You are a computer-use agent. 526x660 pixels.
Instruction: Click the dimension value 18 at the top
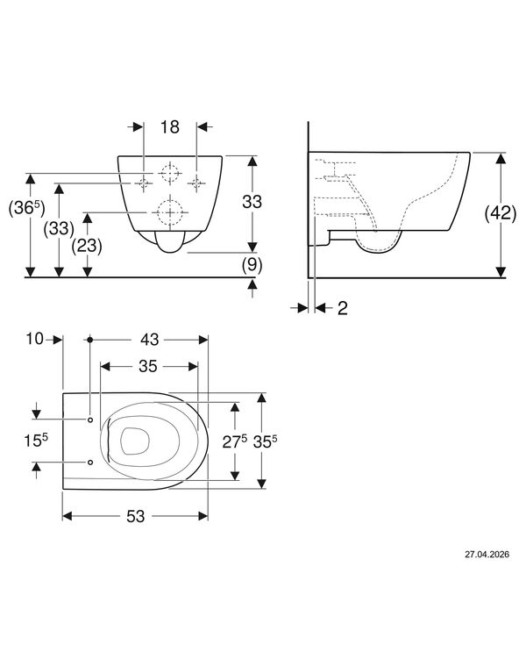coord(170,126)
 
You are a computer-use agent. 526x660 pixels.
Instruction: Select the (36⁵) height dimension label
coord(26,208)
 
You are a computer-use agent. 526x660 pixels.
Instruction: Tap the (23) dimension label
coord(87,246)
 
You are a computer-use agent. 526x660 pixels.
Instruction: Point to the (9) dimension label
coord(252,265)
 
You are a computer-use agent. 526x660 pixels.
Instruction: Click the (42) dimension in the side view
coord(501,213)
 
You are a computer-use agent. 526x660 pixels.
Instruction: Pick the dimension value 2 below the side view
coord(343,309)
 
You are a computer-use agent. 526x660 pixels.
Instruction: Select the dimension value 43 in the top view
coord(150,340)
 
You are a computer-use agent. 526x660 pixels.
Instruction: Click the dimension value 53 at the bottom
coord(135,516)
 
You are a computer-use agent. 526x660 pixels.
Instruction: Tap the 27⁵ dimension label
coord(235,441)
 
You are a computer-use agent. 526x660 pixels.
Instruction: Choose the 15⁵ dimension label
coord(36,441)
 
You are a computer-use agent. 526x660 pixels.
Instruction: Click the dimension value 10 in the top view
coord(35,339)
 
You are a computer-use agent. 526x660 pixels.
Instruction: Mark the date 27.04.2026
coord(487,555)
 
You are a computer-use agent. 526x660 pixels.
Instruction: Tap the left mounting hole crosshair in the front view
coord(144,183)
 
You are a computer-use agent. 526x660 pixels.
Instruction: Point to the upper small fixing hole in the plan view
coord(90,420)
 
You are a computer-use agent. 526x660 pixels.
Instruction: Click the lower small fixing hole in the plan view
coord(90,463)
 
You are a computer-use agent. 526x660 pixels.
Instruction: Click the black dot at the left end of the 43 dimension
coord(89,340)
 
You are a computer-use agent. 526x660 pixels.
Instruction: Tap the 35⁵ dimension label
coord(265,441)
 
